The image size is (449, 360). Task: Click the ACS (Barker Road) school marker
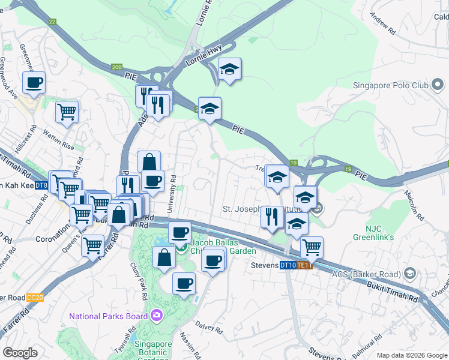pos(410,274)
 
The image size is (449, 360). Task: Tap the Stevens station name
pos(261,265)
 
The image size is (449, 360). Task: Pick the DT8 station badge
pos(41,186)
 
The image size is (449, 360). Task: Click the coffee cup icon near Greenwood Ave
pos(34,82)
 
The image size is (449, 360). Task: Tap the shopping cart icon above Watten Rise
pos(67,110)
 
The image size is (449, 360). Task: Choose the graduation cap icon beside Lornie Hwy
pos(229,69)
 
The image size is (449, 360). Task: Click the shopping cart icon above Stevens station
pos(312,246)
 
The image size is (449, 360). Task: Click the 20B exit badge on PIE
pos(117,67)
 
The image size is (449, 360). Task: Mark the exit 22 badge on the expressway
pos(52,22)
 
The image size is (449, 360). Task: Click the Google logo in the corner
pos(20,353)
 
